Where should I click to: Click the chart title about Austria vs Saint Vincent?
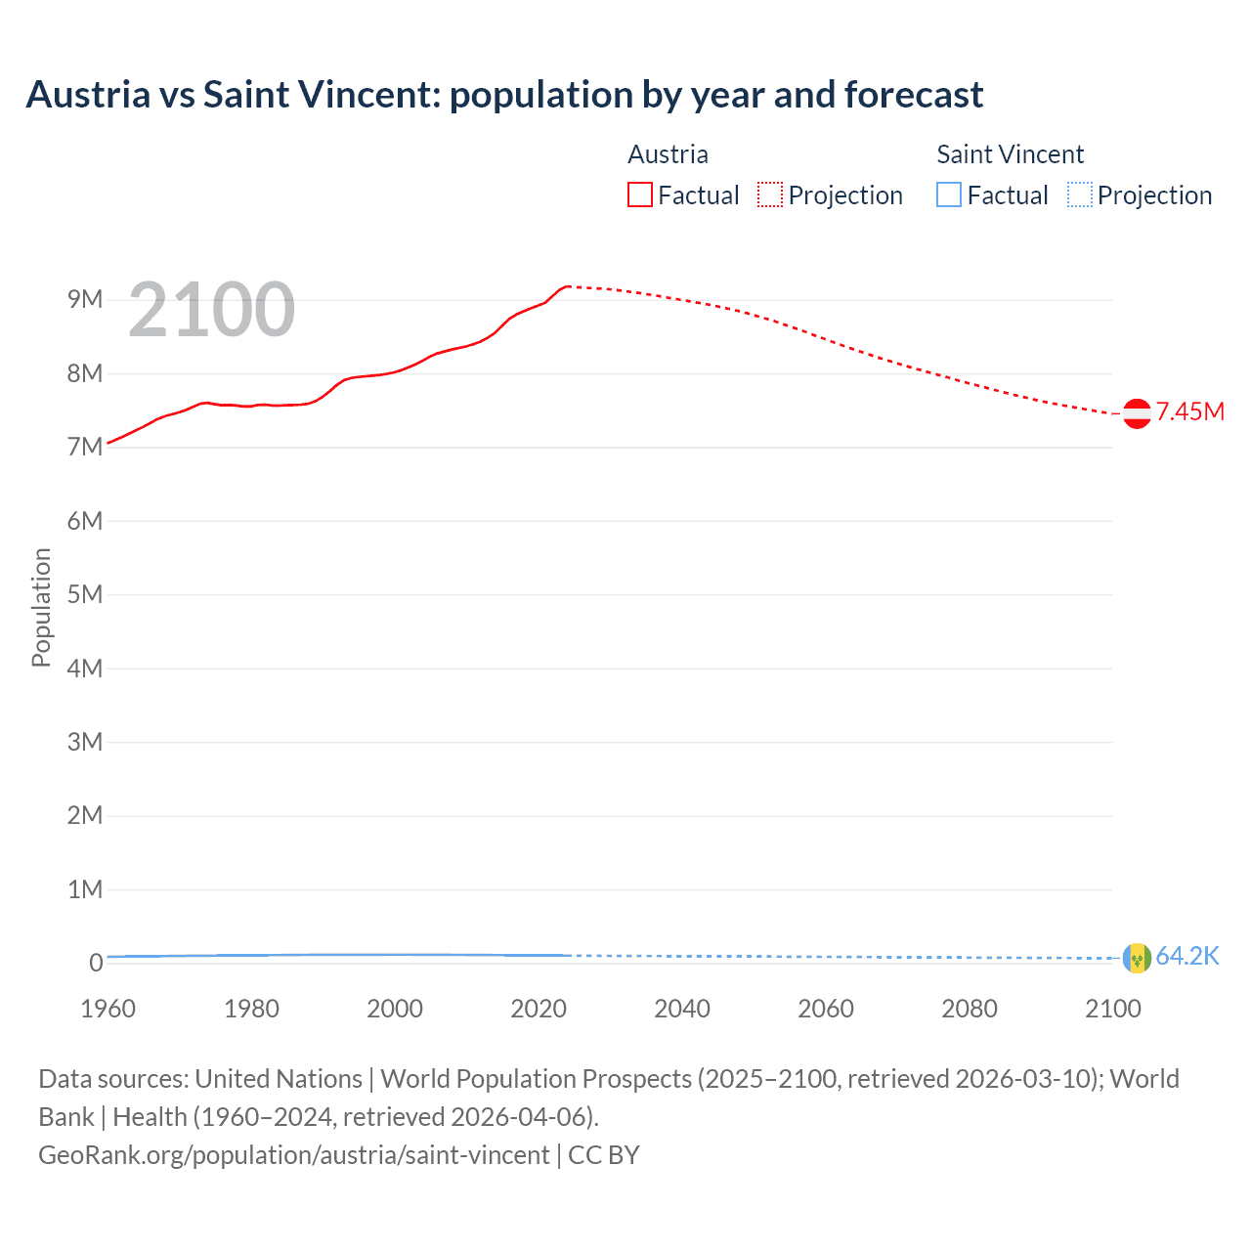pyautogui.click(x=504, y=95)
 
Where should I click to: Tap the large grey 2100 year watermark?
pyautogui.click(x=211, y=310)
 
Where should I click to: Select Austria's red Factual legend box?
pyautogui.click(x=640, y=194)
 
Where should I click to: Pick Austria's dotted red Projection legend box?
pyautogui.click(x=770, y=194)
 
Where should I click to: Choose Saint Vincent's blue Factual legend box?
pyautogui.click(x=949, y=194)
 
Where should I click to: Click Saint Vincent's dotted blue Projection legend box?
pyautogui.click(x=1079, y=194)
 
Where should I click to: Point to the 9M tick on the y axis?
pyautogui.click(x=85, y=299)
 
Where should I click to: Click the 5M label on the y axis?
pyautogui.click(x=85, y=594)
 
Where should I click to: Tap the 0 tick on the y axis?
pyautogui.click(x=96, y=963)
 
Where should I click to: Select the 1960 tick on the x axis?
pyautogui.click(x=108, y=1009)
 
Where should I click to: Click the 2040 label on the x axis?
pyautogui.click(x=682, y=1009)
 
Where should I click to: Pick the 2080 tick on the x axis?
pyautogui.click(x=970, y=1009)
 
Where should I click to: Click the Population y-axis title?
pyautogui.click(x=41, y=607)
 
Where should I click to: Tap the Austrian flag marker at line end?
pyautogui.click(x=1137, y=413)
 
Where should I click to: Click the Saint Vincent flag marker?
pyautogui.click(x=1137, y=958)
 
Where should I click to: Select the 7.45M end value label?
pyautogui.click(x=1189, y=411)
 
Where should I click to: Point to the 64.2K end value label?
pyautogui.click(x=1187, y=956)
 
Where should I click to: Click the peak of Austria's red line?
pyautogui.click(x=567, y=286)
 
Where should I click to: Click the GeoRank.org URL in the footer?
pyautogui.click(x=293, y=1154)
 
